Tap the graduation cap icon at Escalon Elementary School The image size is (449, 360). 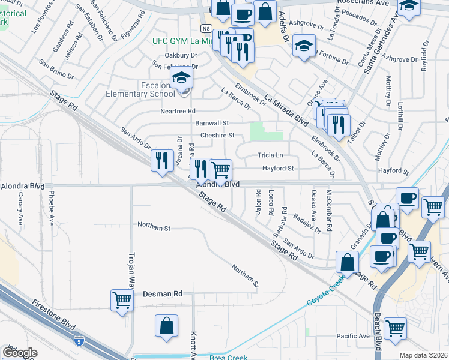(181, 78)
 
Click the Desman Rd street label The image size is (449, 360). (163, 294)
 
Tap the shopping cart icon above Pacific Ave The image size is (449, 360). (394, 327)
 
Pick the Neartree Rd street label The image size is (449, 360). (178, 111)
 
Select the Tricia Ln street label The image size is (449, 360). (270, 155)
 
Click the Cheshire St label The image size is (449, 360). (217, 136)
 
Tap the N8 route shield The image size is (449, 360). (206, 28)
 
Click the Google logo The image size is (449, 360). (20, 353)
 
